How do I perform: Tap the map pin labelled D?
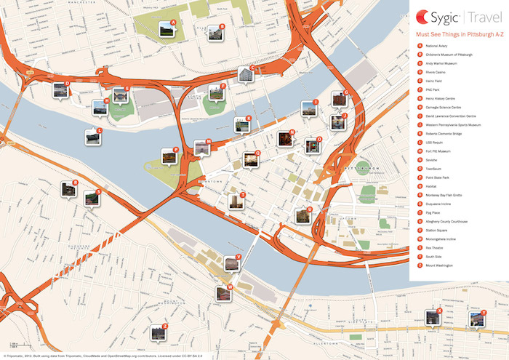tap(60, 90)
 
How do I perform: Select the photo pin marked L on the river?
tap(92, 137)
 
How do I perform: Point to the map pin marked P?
tap(169, 156)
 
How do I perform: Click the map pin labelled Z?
tap(158, 332)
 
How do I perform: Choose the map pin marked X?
tap(433, 318)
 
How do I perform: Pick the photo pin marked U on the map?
tap(302, 215)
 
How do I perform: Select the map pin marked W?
tap(223, 293)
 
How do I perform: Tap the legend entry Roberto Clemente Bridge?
tap(449, 134)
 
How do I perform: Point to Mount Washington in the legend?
tap(443, 265)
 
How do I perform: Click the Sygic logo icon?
tap(422, 16)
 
